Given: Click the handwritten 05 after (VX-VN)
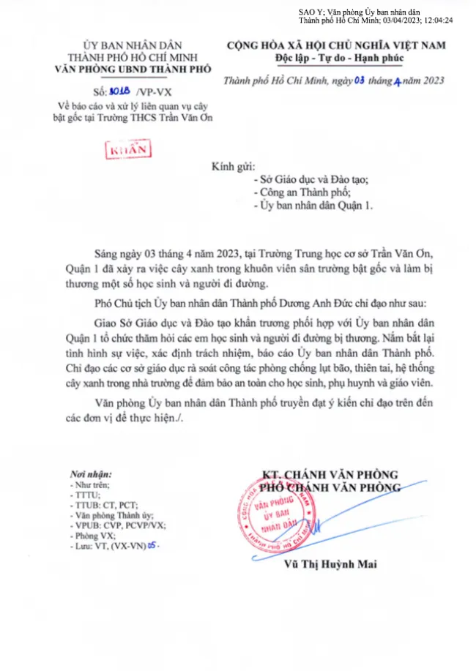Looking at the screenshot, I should click(x=152, y=546).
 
